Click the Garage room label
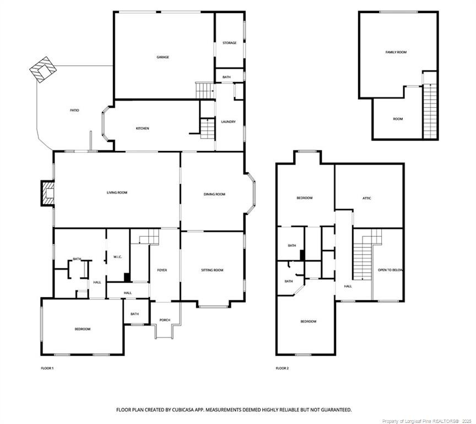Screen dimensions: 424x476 163,57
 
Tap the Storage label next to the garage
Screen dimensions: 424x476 229,43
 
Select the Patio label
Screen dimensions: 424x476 74,110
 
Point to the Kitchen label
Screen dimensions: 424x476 142,128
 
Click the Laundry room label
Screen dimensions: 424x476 228,121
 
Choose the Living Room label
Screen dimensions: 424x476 117,193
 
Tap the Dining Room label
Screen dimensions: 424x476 214,194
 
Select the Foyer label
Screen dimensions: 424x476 162,270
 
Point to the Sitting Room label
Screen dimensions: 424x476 212,270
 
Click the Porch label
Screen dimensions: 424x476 165,320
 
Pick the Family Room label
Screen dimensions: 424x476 396,52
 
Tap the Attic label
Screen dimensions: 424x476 366,198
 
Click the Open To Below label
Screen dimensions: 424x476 390,270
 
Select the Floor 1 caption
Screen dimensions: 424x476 47,368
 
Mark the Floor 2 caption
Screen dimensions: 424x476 282,368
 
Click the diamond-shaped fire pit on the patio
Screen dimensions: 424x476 42,68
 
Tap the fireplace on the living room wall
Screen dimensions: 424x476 46,194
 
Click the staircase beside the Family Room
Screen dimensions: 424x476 430,110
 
